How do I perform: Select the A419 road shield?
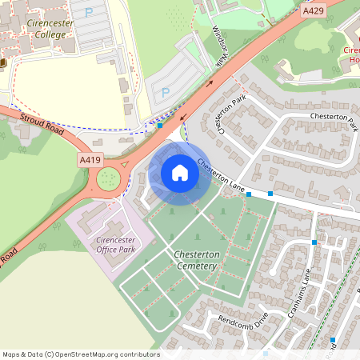click(90, 161)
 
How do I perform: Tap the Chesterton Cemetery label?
click(196, 259)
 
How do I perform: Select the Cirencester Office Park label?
click(116, 245)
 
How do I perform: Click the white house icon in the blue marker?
click(180, 173)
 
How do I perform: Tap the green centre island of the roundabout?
click(107, 178)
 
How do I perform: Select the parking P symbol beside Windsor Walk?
click(166, 92)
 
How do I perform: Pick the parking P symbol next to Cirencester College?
click(88, 13)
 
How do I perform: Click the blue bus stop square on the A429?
click(160, 126)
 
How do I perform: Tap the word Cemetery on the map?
click(196, 265)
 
